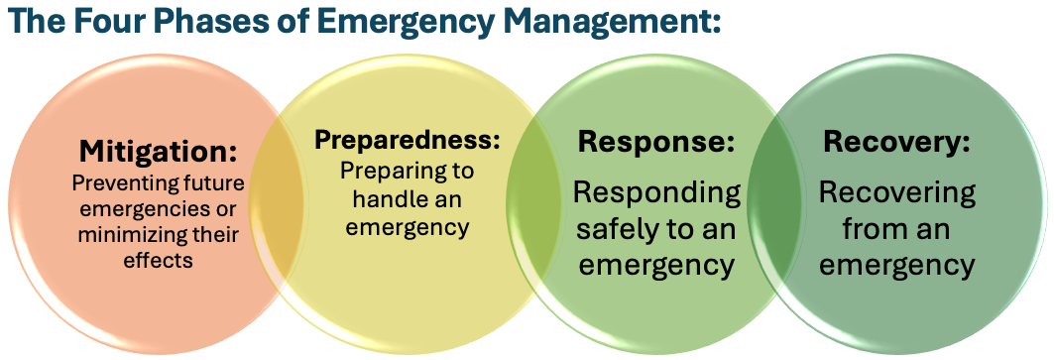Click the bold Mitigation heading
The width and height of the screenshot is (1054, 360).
click(159, 152)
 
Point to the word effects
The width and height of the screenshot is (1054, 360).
click(158, 261)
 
